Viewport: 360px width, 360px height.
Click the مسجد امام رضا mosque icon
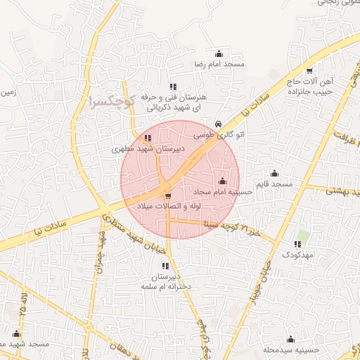coord(219,53)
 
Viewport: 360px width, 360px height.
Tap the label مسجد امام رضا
coord(219,64)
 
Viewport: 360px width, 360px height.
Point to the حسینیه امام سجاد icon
coord(223,181)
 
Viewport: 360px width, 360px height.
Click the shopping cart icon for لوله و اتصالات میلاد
coord(167,196)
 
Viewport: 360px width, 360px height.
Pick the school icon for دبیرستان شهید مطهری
coord(147,139)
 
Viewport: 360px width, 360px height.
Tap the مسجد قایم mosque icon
coord(274,173)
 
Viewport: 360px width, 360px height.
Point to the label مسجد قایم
coord(274,184)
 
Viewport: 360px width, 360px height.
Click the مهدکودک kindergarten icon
coord(297,244)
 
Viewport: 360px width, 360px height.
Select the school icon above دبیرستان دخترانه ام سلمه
coord(165,266)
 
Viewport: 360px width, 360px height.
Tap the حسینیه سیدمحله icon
coord(290,340)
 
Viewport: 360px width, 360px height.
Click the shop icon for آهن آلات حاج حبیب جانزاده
coord(309,70)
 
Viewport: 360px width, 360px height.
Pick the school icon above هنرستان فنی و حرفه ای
coord(174,85)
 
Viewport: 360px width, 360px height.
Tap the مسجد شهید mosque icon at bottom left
coord(16,334)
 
